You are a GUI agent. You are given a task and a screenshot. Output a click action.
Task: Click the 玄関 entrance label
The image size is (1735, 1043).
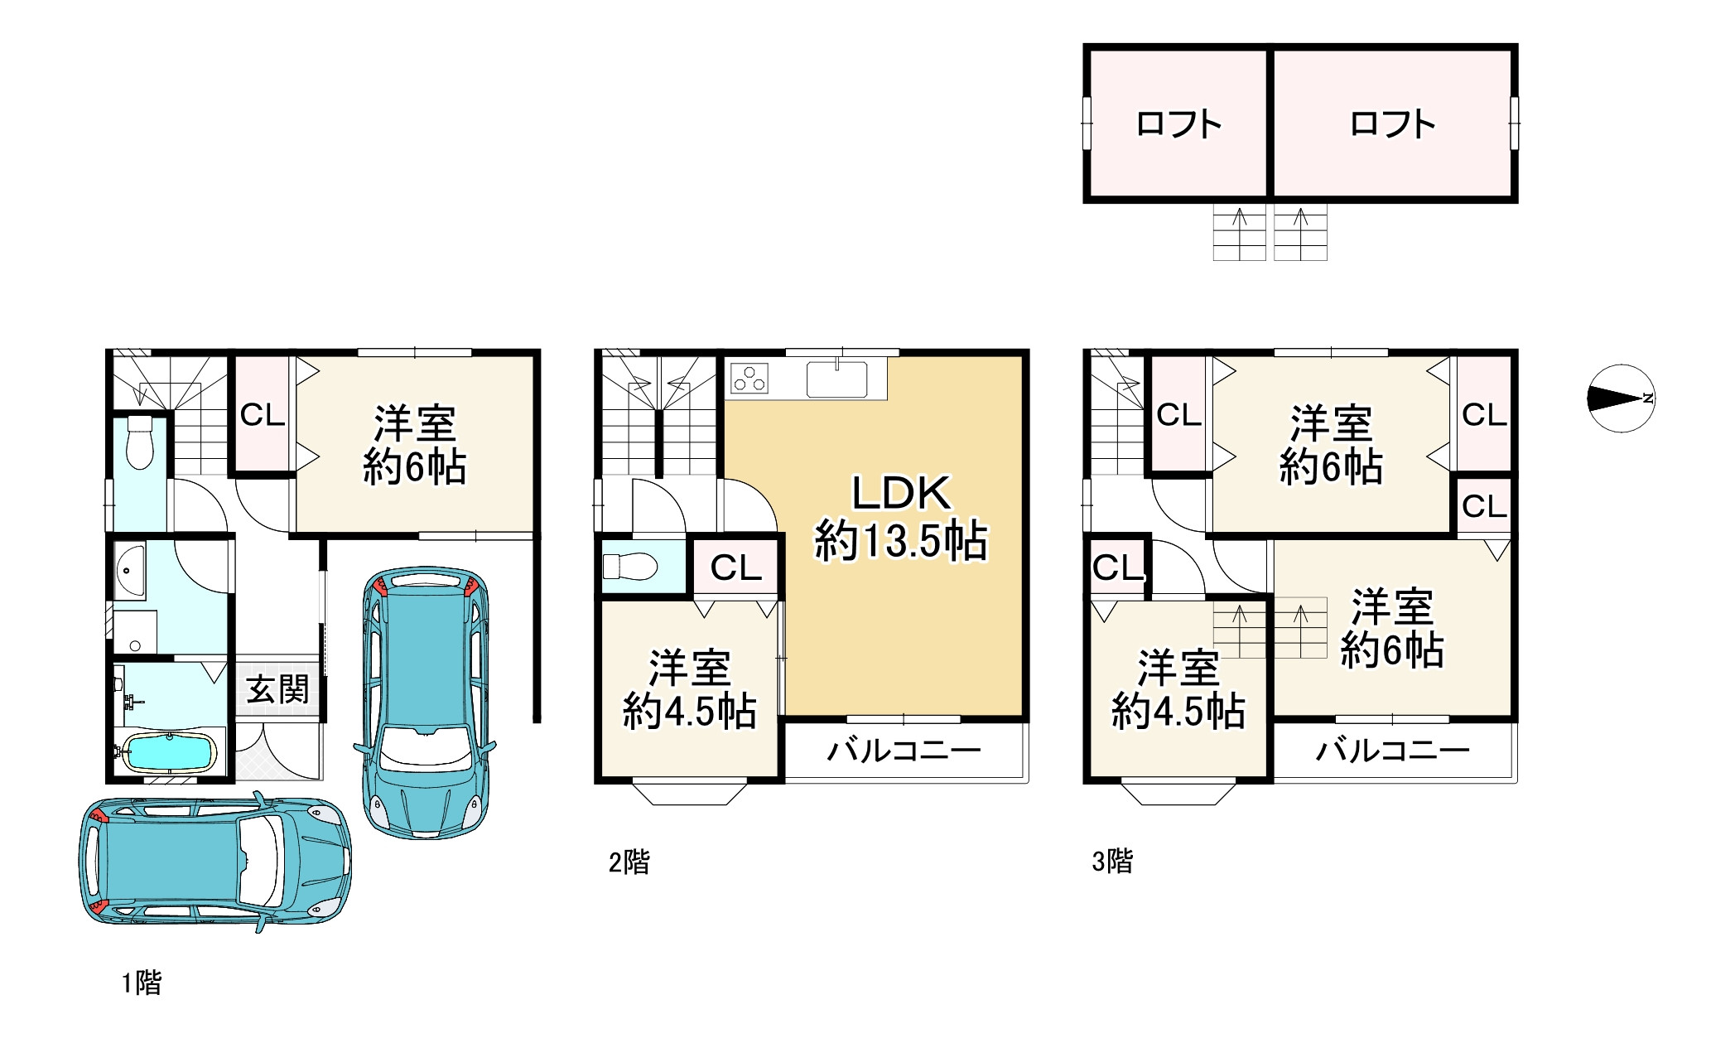(278, 689)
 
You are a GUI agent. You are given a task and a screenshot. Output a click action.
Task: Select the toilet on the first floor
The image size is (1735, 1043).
(140, 444)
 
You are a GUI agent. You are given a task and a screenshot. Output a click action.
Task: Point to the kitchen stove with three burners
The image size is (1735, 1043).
(749, 379)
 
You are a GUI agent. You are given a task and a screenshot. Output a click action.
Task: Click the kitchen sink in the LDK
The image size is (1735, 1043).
(836, 379)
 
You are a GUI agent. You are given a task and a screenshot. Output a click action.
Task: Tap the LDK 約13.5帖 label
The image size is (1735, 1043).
(901, 518)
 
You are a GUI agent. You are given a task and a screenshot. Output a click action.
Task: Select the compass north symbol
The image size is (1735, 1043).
(1621, 398)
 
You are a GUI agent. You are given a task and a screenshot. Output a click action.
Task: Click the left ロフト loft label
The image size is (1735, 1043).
(1178, 124)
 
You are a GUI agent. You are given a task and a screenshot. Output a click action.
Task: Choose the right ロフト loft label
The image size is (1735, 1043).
(1392, 124)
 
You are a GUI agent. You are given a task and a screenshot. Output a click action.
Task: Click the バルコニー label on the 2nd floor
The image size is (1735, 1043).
(904, 751)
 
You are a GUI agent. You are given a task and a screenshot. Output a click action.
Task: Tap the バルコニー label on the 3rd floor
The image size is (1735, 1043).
(1393, 751)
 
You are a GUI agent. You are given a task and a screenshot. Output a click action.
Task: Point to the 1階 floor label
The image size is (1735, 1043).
(142, 983)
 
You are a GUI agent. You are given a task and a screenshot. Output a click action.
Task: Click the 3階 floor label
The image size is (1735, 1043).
(1111, 862)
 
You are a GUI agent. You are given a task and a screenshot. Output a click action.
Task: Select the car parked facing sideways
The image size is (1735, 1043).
(215, 862)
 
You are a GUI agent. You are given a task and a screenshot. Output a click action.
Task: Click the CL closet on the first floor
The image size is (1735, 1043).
(263, 414)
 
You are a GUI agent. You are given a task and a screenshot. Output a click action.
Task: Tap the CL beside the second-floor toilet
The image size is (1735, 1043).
(735, 567)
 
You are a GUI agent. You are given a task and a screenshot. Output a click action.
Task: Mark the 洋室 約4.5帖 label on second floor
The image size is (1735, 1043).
(689, 690)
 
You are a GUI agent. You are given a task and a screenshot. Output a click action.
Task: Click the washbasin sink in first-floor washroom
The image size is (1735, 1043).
(130, 570)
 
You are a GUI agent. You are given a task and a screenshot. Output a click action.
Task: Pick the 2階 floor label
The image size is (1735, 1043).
(629, 862)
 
